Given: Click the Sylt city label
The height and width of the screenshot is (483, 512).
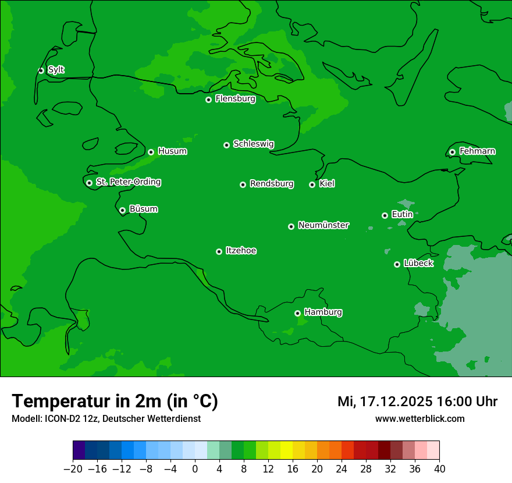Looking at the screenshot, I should click(56, 70).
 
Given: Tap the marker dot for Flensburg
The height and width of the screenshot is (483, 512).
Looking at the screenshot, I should click(208, 100).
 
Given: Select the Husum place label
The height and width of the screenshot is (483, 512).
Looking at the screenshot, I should click(172, 151).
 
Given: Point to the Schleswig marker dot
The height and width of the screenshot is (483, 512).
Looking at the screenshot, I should click(226, 145).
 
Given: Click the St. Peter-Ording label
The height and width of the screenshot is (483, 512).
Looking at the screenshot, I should click(128, 182).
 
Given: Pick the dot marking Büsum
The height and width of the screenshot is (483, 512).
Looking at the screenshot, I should click(122, 210).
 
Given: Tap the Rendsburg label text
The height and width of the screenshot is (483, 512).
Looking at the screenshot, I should click(272, 184).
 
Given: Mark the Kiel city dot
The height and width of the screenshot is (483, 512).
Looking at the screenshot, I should click(312, 184).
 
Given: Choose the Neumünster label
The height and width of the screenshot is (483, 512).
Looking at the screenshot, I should click(323, 225).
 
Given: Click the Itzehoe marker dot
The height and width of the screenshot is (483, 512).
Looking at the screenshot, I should click(219, 251).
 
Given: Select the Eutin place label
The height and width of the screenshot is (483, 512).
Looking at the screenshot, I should click(402, 215).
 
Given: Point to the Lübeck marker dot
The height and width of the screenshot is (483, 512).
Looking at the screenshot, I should click(397, 264).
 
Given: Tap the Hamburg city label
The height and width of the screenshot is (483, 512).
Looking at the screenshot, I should click(323, 312).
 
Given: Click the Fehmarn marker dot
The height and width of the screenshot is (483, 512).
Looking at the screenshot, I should click(452, 152).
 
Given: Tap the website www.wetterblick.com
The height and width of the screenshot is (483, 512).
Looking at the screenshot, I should click(419, 418).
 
